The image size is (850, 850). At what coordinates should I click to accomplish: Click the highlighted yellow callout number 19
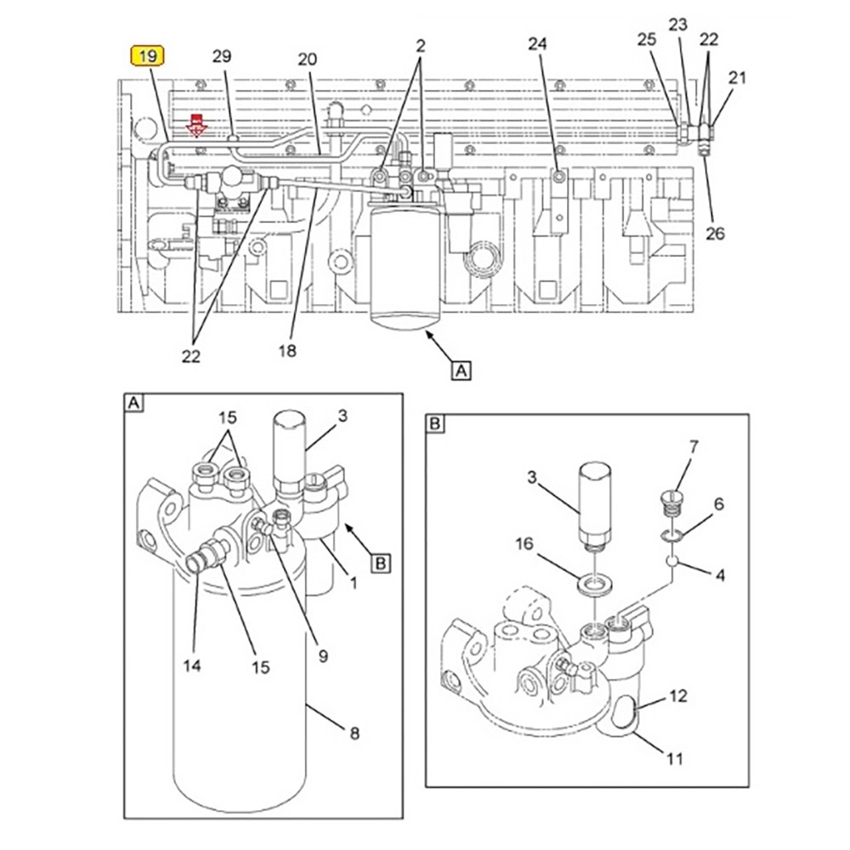coord(147,56)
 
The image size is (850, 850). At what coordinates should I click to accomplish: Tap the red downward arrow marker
coord(196,125)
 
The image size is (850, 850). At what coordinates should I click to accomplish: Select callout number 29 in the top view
coord(221,56)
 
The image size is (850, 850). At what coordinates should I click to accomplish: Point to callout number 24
coord(537,44)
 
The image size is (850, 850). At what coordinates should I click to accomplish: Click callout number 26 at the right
coord(715,234)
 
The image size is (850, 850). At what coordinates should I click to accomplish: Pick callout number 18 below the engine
coord(287,351)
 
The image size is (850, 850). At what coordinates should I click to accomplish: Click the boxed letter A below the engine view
coord(461,371)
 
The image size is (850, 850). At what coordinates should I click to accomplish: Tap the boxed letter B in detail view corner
coord(434,422)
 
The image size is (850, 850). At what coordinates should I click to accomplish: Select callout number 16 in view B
coord(524,543)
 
